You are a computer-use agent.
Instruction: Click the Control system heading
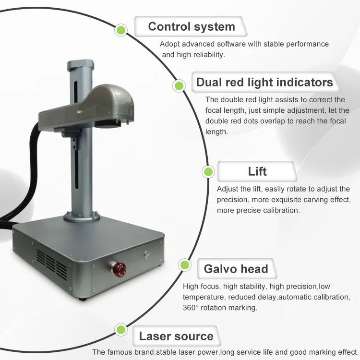tap(191, 26)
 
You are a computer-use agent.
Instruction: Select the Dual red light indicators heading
tap(264, 82)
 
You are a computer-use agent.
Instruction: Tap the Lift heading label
tap(257, 171)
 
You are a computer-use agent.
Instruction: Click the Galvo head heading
tap(236, 268)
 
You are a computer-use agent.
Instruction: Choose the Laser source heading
tap(176, 336)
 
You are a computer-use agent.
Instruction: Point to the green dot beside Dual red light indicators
tap(179, 86)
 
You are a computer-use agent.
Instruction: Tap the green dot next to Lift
tap(208, 171)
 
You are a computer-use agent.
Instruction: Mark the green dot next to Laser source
tap(120, 330)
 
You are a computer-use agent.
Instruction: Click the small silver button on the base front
tap(147, 254)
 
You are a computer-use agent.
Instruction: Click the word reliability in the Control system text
tap(207, 55)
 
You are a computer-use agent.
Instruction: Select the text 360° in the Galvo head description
tap(193, 308)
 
